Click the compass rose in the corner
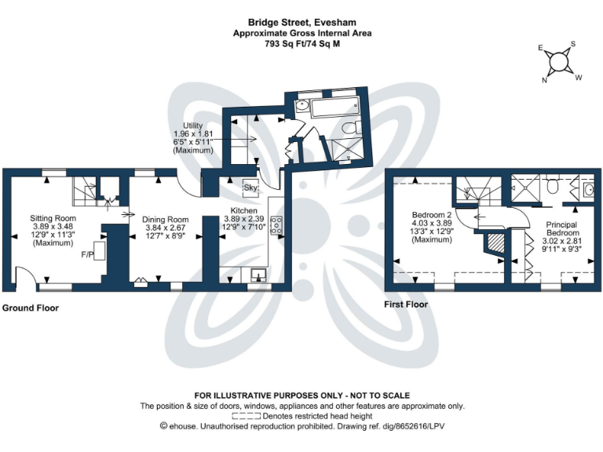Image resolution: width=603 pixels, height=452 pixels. tap(559, 62)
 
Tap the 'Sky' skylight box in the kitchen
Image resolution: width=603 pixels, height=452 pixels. tap(250, 188)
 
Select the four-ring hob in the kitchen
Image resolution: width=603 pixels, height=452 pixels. tap(276, 225)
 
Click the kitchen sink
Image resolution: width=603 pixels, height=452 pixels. tap(257, 274)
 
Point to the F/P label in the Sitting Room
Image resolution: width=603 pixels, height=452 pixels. tap(87, 255)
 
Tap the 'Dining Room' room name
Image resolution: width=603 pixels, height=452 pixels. tap(166, 219)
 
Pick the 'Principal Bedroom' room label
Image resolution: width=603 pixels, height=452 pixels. tap(561, 229)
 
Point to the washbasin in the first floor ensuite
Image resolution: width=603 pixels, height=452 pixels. tap(589, 190)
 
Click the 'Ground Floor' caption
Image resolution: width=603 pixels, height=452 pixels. tap(30, 308)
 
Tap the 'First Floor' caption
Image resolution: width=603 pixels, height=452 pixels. tap(405, 304)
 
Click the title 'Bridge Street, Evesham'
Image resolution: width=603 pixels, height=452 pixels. tap(302, 23)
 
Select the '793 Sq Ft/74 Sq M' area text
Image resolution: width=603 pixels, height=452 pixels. tap(302, 45)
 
